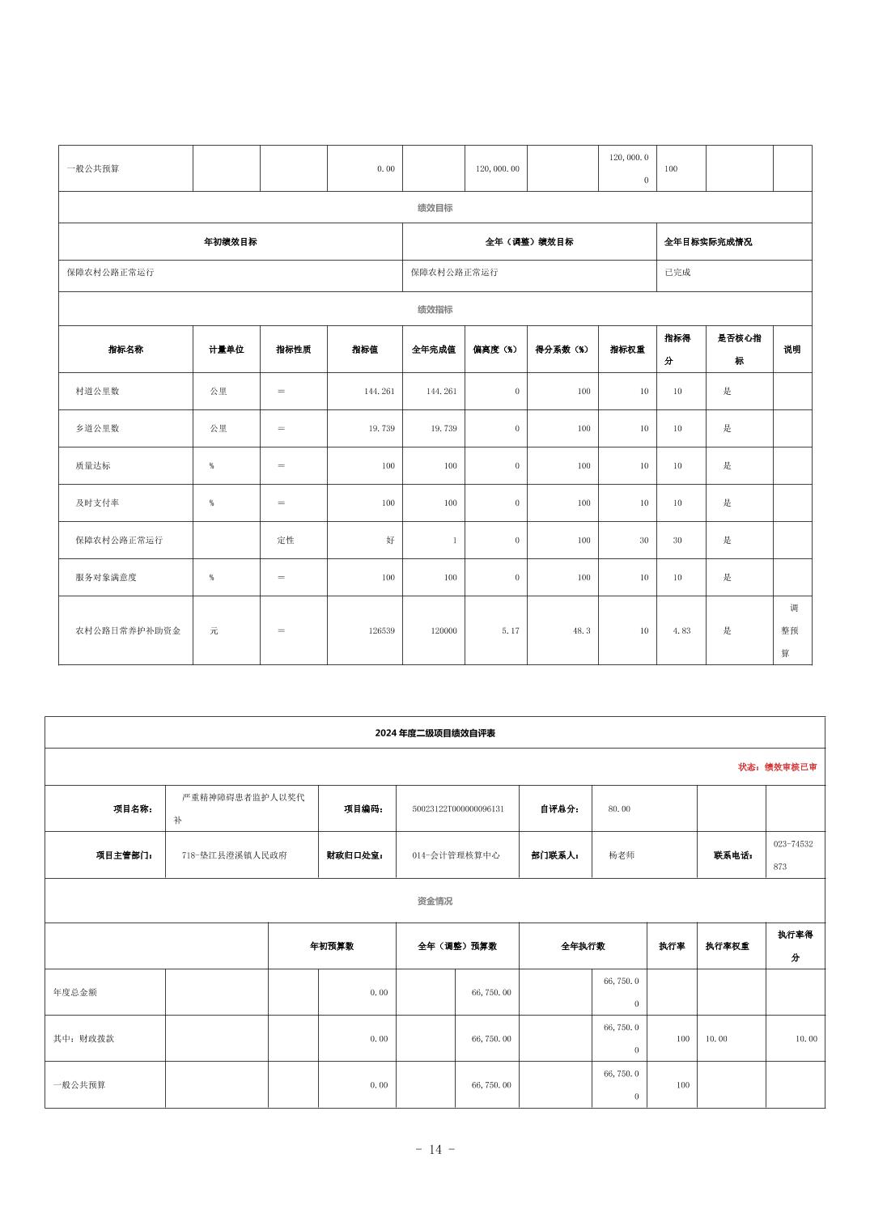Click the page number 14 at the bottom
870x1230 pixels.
tap(435, 1149)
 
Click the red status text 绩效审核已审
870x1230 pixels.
tap(777, 767)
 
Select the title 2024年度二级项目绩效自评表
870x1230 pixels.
tap(435, 733)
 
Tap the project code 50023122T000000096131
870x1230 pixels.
tap(457, 808)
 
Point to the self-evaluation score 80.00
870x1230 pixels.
tap(619, 808)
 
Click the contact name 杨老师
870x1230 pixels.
tap(622, 855)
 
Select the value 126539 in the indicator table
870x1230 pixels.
tap(381, 630)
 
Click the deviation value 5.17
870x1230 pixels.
tap(510, 630)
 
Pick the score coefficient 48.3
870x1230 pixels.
tap(581, 630)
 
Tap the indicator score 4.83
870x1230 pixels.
tap(681, 630)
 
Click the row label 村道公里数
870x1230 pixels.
tap(97, 391)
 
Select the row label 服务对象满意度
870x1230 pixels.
tap(106, 577)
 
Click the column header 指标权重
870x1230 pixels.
tap(627, 350)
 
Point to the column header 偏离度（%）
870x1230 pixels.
tap(495, 350)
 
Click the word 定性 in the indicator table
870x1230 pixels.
tap(286, 540)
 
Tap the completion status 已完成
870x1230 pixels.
tap(677, 272)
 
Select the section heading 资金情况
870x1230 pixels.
tap(435, 901)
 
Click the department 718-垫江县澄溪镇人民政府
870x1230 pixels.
tap(234, 855)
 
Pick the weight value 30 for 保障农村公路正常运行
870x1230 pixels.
tap(643, 540)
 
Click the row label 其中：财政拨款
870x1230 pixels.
tap(83, 1038)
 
